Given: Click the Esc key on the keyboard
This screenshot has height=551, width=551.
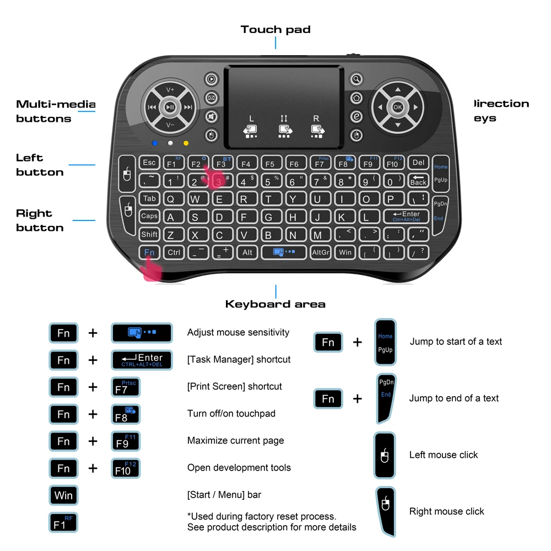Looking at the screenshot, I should (x=149, y=163).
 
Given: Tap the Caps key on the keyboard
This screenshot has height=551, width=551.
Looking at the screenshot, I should (x=149, y=217).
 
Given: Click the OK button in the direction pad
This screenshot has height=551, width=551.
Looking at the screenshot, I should (x=398, y=107).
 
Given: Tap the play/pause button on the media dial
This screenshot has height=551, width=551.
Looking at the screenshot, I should (x=170, y=107).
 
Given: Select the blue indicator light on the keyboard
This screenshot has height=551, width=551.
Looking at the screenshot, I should (x=155, y=144).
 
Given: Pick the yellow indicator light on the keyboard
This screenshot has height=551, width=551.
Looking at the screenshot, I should (x=186, y=144).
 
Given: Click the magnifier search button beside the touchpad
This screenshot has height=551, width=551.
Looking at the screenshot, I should (x=356, y=79).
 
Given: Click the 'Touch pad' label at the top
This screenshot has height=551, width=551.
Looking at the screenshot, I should (x=275, y=30).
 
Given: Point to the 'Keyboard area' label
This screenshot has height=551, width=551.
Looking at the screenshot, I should (x=275, y=304).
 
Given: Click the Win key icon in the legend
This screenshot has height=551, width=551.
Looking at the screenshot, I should (x=63, y=495).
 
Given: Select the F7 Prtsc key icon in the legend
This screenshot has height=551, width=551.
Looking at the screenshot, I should (x=126, y=387).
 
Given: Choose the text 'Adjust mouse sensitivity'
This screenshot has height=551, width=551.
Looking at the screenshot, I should (x=238, y=332).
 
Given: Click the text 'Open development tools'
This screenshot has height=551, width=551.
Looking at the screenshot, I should (x=239, y=468).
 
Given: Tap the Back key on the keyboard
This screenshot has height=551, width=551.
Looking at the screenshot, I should (x=418, y=181).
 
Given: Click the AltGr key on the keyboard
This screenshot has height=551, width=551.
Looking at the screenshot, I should (x=320, y=252).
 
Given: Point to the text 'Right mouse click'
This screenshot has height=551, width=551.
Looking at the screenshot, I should (x=446, y=511).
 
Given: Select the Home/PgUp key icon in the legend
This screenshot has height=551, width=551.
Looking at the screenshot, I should (x=385, y=342).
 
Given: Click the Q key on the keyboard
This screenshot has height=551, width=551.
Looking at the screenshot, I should (x=171, y=199).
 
